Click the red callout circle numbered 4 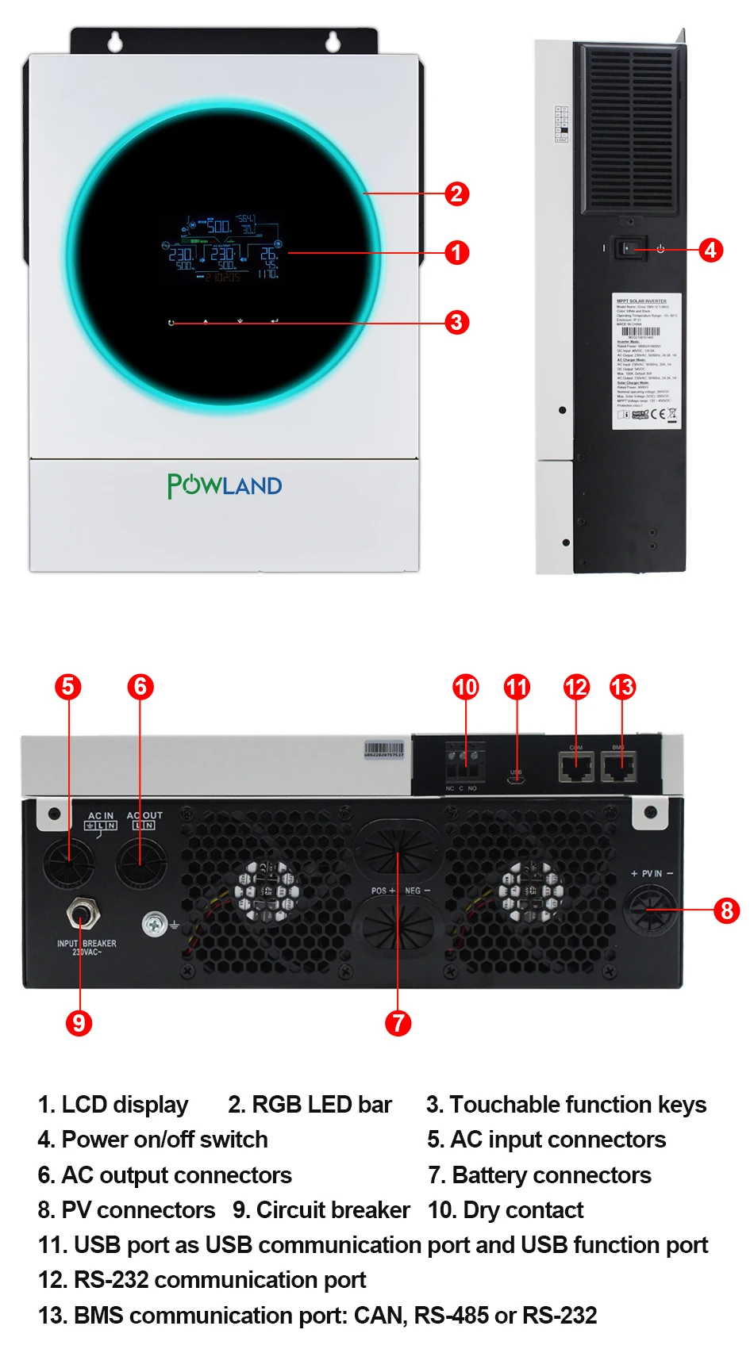click(710, 250)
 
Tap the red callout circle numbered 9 click(79, 1022)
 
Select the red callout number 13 click(623, 687)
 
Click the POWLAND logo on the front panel click(225, 485)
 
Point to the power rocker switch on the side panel click(629, 249)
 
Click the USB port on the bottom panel click(516, 780)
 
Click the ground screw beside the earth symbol click(154, 924)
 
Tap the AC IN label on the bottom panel click(101, 815)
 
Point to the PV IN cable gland click(650, 910)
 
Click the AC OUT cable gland click(141, 863)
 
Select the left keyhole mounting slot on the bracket click(116, 40)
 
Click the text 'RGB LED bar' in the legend click(321, 1104)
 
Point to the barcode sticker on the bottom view click(384, 749)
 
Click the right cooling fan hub click(531, 891)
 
